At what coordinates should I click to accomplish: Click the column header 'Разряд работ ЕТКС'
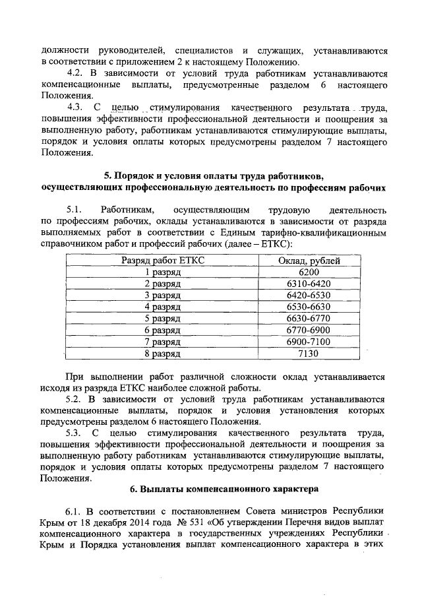[163, 261]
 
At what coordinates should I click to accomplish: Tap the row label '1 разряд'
[163, 272]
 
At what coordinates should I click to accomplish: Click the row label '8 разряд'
[163, 354]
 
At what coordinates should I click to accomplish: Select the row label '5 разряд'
[163, 319]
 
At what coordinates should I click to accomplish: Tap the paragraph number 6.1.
[76, 511]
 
